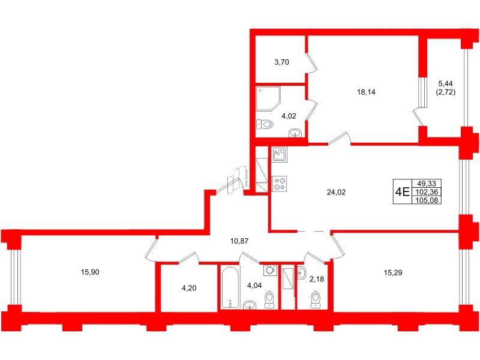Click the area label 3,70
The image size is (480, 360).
tap(283, 61)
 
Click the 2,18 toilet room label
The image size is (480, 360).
tap(316, 278)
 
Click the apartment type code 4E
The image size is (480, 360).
tap(401, 193)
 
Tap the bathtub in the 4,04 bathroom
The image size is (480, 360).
tap(230, 288)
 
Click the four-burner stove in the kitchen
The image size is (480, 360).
tap(280, 182)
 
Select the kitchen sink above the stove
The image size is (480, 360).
tap(280, 155)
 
